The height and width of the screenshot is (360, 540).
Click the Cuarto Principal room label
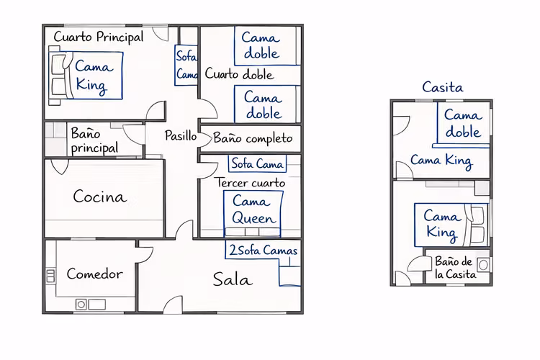(x=99, y=37)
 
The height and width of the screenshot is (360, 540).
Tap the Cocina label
(x=100, y=197)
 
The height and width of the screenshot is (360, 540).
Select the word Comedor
(x=95, y=274)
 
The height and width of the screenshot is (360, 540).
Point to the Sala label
(x=233, y=279)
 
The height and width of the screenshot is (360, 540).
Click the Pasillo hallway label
(x=181, y=135)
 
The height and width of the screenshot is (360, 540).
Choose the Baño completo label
(x=253, y=138)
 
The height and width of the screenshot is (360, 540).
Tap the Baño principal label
(x=94, y=140)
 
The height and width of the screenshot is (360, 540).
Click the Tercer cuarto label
(x=251, y=183)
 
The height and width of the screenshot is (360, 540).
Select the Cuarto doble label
(x=239, y=73)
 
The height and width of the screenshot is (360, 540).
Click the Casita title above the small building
(x=443, y=87)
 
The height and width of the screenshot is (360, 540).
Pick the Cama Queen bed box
(x=253, y=214)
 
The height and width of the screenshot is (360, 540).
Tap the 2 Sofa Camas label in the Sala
(x=263, y=250)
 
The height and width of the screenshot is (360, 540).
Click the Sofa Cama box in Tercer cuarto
(x=257, y=163)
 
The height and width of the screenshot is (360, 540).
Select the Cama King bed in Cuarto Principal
(x=86, y=76)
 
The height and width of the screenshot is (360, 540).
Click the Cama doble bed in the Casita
(x=463, y=123)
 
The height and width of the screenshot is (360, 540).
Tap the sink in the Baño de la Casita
(x=483, y=264)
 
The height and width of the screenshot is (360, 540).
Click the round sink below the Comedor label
(x=81, y=305)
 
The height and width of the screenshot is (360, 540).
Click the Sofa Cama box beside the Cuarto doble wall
(x=186, y=65)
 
